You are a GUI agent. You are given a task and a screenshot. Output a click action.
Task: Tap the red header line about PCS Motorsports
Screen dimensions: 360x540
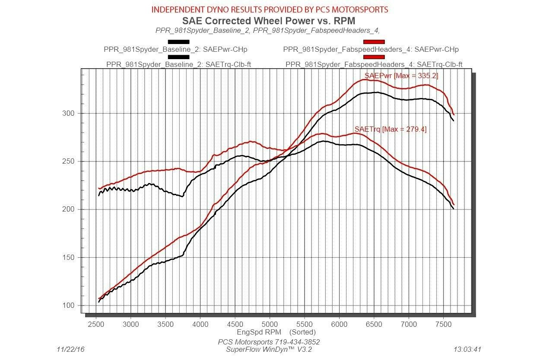click(x=270, y=9)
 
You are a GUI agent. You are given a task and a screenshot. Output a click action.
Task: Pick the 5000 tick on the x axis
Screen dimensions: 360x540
click(x=270, y=323)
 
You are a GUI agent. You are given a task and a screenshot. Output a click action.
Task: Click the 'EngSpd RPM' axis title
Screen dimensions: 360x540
click(x=259, y=332)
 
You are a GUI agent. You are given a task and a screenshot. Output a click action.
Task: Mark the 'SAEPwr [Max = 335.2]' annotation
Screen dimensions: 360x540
click(x=401, y=76)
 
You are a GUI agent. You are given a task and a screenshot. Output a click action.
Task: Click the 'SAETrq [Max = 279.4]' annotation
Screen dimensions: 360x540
click(x=390, y=129)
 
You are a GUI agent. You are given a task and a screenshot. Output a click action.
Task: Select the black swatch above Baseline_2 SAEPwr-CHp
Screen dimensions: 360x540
click(x=178, y=42)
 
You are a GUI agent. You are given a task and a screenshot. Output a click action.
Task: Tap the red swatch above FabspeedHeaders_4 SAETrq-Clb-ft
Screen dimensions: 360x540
click(x=374, y=57)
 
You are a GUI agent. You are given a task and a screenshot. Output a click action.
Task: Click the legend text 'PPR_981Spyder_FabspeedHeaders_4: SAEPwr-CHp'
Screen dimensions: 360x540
click(x=371, y=50)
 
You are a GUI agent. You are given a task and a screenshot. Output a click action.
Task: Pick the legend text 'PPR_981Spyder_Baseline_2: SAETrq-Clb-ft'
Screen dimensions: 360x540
click(x=179, y=65)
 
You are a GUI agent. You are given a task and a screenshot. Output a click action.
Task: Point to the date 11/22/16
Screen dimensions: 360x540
click(x=71, y=349)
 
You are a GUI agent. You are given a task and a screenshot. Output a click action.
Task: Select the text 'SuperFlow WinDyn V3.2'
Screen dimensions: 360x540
click(x=269, y=349)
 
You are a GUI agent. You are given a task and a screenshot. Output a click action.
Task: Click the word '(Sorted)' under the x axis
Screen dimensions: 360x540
click(x=302, y=332)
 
